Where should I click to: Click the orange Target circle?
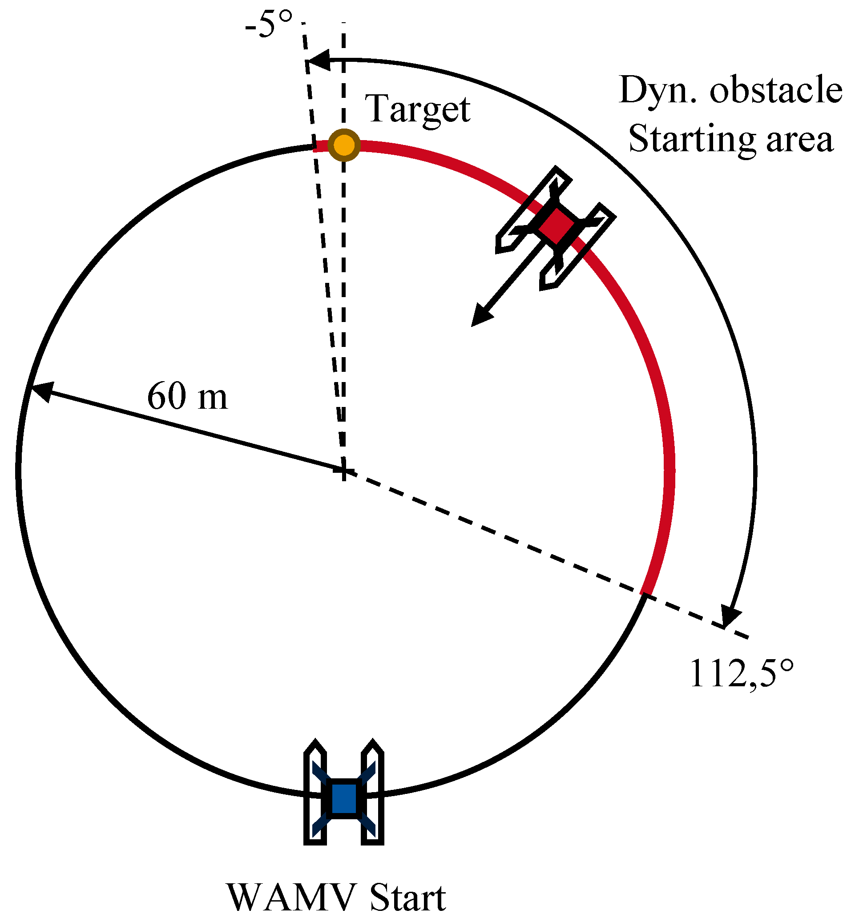344,145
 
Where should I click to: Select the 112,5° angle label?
742,673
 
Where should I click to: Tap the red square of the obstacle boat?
557,225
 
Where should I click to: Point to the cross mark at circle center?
344,471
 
